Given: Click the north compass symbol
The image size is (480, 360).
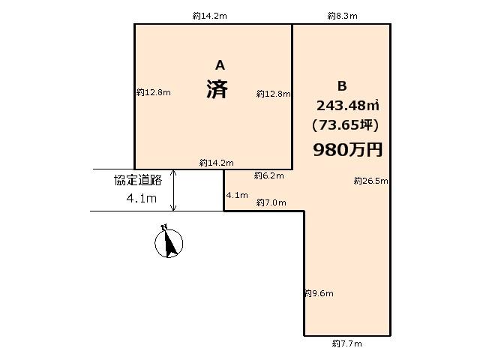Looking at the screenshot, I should (x=169, y=242).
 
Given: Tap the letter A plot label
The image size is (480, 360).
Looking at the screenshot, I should (x=220, y=65).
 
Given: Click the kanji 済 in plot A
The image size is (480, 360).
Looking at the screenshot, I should (x=217, y=90).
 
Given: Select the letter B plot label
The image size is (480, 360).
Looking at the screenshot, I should (x=343, y=85).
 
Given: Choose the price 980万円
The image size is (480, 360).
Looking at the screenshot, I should (x=347, y=149).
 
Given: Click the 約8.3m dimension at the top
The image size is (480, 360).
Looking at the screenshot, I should (x=342, y=15).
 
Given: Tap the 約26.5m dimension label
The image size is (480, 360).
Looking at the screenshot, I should (x=370, y=181).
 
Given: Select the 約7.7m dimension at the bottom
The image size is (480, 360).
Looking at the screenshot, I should (x=346, y=343).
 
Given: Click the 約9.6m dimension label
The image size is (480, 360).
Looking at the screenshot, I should (x=319, y=293).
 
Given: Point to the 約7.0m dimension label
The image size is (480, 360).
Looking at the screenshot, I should (x=271, y=202).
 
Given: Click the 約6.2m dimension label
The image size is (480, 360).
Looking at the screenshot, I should (x=268, y=175).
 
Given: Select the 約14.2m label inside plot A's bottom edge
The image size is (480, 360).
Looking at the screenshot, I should (x=217, y=163).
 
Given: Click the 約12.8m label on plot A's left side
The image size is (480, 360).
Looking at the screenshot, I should (x=154, y=93).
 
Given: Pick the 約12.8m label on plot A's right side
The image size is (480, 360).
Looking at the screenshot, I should (x=273, y=94).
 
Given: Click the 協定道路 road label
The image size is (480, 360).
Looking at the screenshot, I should (x=138, y=180).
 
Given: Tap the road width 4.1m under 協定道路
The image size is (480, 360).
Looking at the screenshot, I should (x=142, y=199).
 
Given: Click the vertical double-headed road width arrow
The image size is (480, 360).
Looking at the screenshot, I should (x=174, y=190).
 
